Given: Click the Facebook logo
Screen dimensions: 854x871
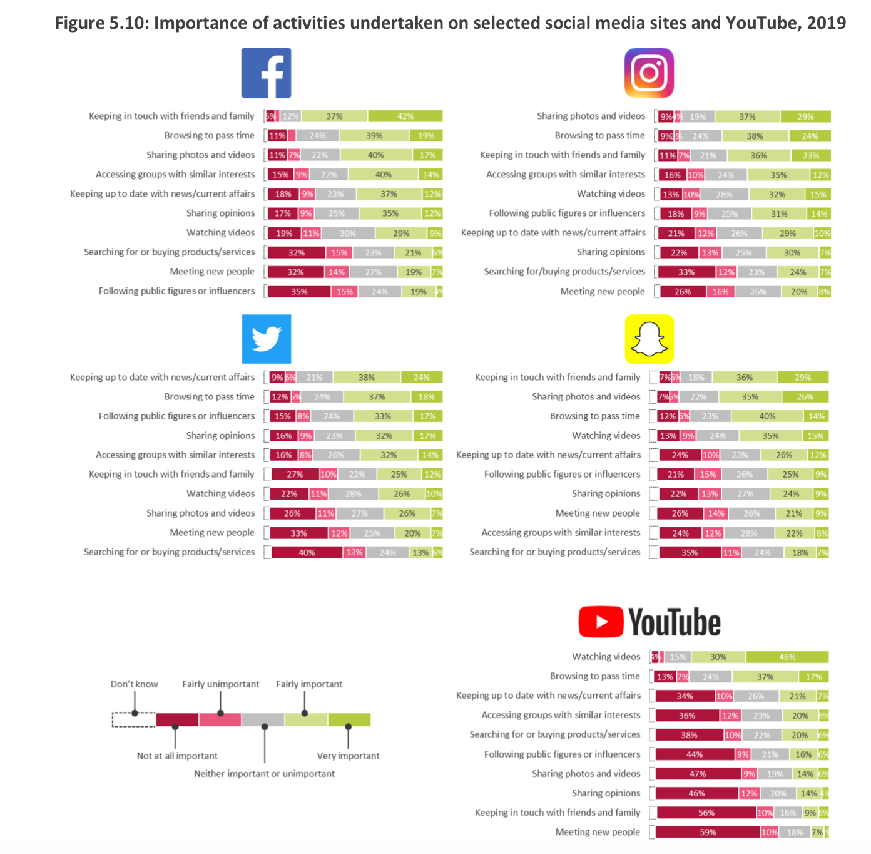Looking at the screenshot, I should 267,73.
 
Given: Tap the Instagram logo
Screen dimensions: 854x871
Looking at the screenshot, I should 649,73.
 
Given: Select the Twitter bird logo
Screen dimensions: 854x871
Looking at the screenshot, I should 267,339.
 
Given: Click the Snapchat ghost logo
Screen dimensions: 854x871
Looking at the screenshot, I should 649,339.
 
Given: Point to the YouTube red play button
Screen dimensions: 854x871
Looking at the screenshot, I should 601,622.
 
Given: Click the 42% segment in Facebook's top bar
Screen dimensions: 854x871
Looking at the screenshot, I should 405,116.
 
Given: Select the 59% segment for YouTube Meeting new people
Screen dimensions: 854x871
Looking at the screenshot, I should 708,832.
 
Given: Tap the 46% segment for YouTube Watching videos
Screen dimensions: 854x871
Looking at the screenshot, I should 787,657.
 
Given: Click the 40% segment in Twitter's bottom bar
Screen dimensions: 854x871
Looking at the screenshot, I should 307,552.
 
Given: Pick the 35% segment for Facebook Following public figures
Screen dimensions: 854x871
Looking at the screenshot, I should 299,291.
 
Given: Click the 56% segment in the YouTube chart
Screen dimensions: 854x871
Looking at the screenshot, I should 706,813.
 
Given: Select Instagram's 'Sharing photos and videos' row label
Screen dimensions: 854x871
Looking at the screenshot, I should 590,116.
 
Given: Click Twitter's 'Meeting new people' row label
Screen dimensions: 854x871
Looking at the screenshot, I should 212,532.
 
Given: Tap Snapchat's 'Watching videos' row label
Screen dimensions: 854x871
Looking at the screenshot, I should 606,435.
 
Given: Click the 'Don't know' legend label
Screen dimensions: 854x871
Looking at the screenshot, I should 134,684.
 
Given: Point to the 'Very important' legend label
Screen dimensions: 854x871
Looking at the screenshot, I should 348,756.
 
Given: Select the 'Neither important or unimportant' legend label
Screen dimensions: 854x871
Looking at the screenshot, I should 264,773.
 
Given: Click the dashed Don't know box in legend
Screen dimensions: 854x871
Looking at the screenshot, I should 134,719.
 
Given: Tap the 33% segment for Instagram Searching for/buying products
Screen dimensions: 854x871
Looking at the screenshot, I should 686,272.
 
